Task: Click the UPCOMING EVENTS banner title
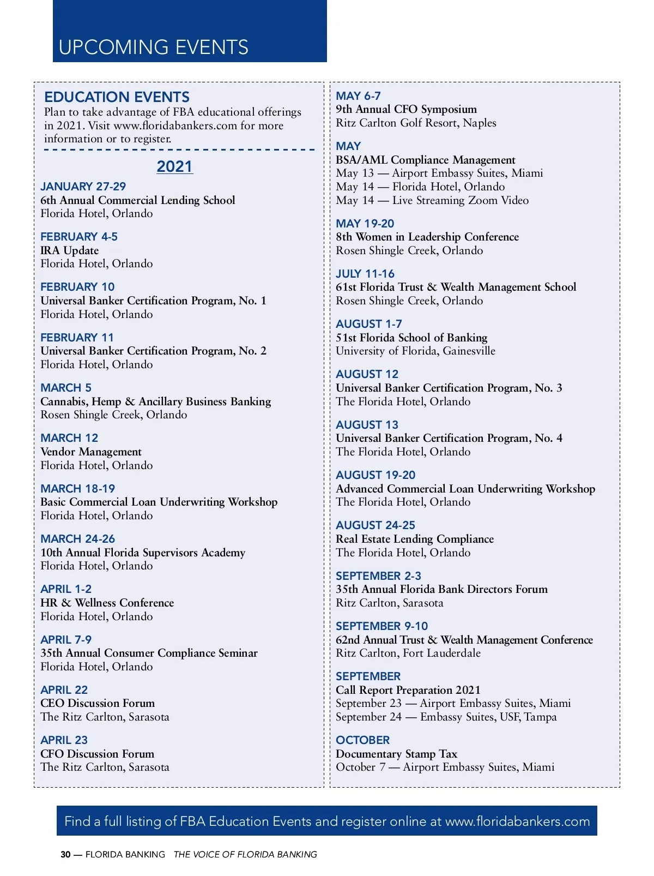(153, 47)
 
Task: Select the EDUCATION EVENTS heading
(117, 97)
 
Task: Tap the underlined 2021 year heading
(174, 166)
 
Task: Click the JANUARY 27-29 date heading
(83, 187)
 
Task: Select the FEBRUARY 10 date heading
(77, 287)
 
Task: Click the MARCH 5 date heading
(66, 388)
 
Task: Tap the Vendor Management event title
(90, 452)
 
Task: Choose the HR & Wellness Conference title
(107, 603)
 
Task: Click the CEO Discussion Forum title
(98, 703)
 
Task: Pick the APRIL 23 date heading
(64, 740)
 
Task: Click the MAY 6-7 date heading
(358, 96)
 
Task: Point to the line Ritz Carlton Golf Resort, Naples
(416, 123)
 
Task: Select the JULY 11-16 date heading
(365, 274)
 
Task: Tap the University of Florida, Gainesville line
(415, 351)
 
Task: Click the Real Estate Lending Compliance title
(414, 539)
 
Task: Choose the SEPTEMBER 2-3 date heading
(378, 576)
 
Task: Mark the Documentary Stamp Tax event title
(396, 754)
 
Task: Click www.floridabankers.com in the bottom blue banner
(517, 821)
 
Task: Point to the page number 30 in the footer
(65, 855)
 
